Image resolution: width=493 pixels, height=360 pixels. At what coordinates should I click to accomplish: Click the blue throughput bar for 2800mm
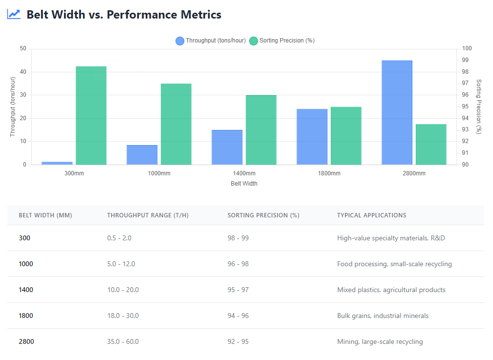tap(397, 112)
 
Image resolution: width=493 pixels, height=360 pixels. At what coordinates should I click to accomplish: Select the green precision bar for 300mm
tap(91, 115)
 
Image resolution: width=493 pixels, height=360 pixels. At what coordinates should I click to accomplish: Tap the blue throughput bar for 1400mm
tap(227, 147)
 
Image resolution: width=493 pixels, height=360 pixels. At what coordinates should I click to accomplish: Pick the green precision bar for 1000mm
tap(176, 124)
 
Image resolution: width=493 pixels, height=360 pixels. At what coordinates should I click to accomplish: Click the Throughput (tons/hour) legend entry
tap(211, 41)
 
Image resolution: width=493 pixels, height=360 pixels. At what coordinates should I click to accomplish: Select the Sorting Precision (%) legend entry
tap(282, 41)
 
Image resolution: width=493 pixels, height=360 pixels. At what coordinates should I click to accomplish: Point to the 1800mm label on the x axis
tap(329, 173)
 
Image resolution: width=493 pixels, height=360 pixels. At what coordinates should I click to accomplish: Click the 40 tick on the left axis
tap(23, 72)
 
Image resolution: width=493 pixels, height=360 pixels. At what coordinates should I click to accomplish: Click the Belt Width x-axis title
tap(244, 184)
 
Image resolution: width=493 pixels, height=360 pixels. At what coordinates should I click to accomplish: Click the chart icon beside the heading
tap(14, 14)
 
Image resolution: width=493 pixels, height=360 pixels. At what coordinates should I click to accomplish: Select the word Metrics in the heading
tap(199, 15)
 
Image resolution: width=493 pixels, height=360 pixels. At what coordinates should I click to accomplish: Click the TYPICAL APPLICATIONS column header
tap(371, 215)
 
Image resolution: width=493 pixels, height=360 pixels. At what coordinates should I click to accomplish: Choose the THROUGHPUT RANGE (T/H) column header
tap(148, 215)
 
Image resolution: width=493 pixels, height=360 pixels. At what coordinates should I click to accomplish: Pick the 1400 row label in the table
tap(26, 290)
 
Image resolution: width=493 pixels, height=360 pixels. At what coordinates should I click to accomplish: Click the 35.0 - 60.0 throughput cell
tap(123, 341)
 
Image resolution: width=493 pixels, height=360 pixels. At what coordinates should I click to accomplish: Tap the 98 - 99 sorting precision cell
tap(238, 238)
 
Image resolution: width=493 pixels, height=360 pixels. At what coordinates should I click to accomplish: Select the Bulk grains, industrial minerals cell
tap(383, 316)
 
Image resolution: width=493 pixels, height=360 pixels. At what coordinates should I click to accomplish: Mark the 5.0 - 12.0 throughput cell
tap(121, 264)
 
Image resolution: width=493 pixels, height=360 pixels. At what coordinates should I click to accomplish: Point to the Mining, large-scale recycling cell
tap(380, 341)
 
